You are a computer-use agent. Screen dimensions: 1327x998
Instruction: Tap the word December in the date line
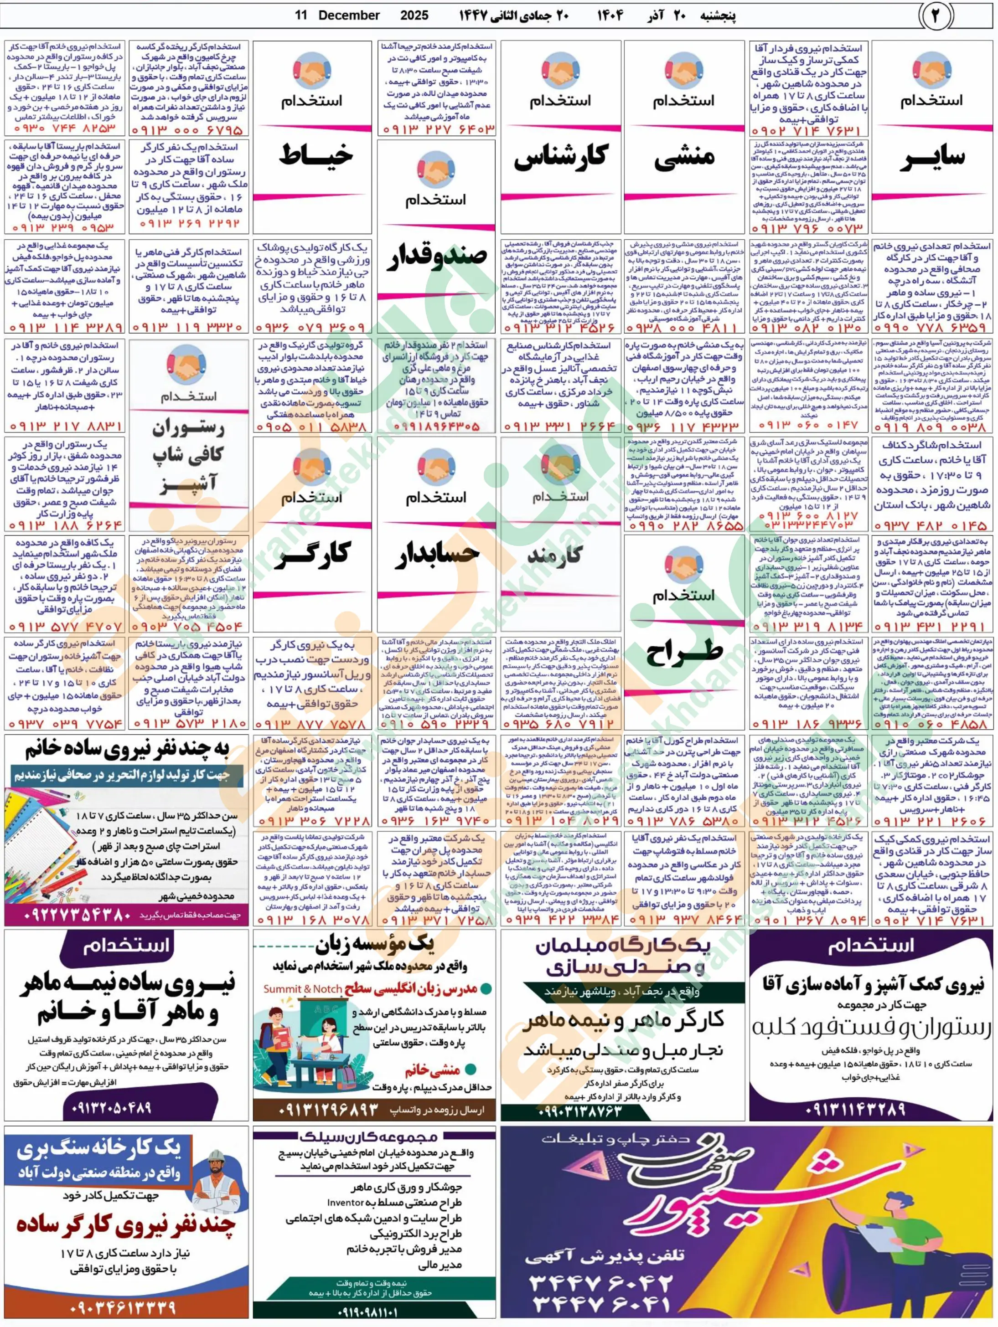[349, 15]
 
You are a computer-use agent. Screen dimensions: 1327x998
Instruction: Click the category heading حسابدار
[436, 554]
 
